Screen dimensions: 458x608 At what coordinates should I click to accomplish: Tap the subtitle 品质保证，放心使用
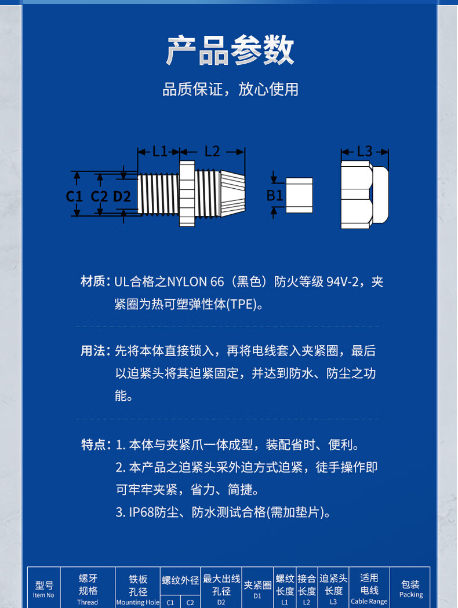[230, 89]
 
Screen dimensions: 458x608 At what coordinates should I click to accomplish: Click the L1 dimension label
[159, 151]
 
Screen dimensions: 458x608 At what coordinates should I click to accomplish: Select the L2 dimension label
[212, 151]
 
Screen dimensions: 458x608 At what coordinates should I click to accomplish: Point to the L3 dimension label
[365, 151]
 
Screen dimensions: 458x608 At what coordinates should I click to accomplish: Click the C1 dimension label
[74, 196]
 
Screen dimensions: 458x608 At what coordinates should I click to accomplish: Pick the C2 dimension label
[99, 196]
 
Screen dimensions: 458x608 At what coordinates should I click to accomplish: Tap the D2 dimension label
[122, 196]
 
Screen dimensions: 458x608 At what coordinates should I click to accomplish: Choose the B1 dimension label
[274, 195]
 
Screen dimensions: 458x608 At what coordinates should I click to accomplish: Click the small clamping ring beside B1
[299, 195]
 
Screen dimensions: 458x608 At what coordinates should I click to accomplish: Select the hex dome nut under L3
[365, 195]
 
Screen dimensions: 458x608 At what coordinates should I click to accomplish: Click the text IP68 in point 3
[141, 512]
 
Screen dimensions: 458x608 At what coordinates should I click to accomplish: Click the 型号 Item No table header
[43, 589]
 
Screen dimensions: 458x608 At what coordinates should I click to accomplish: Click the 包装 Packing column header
[410, 589]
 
